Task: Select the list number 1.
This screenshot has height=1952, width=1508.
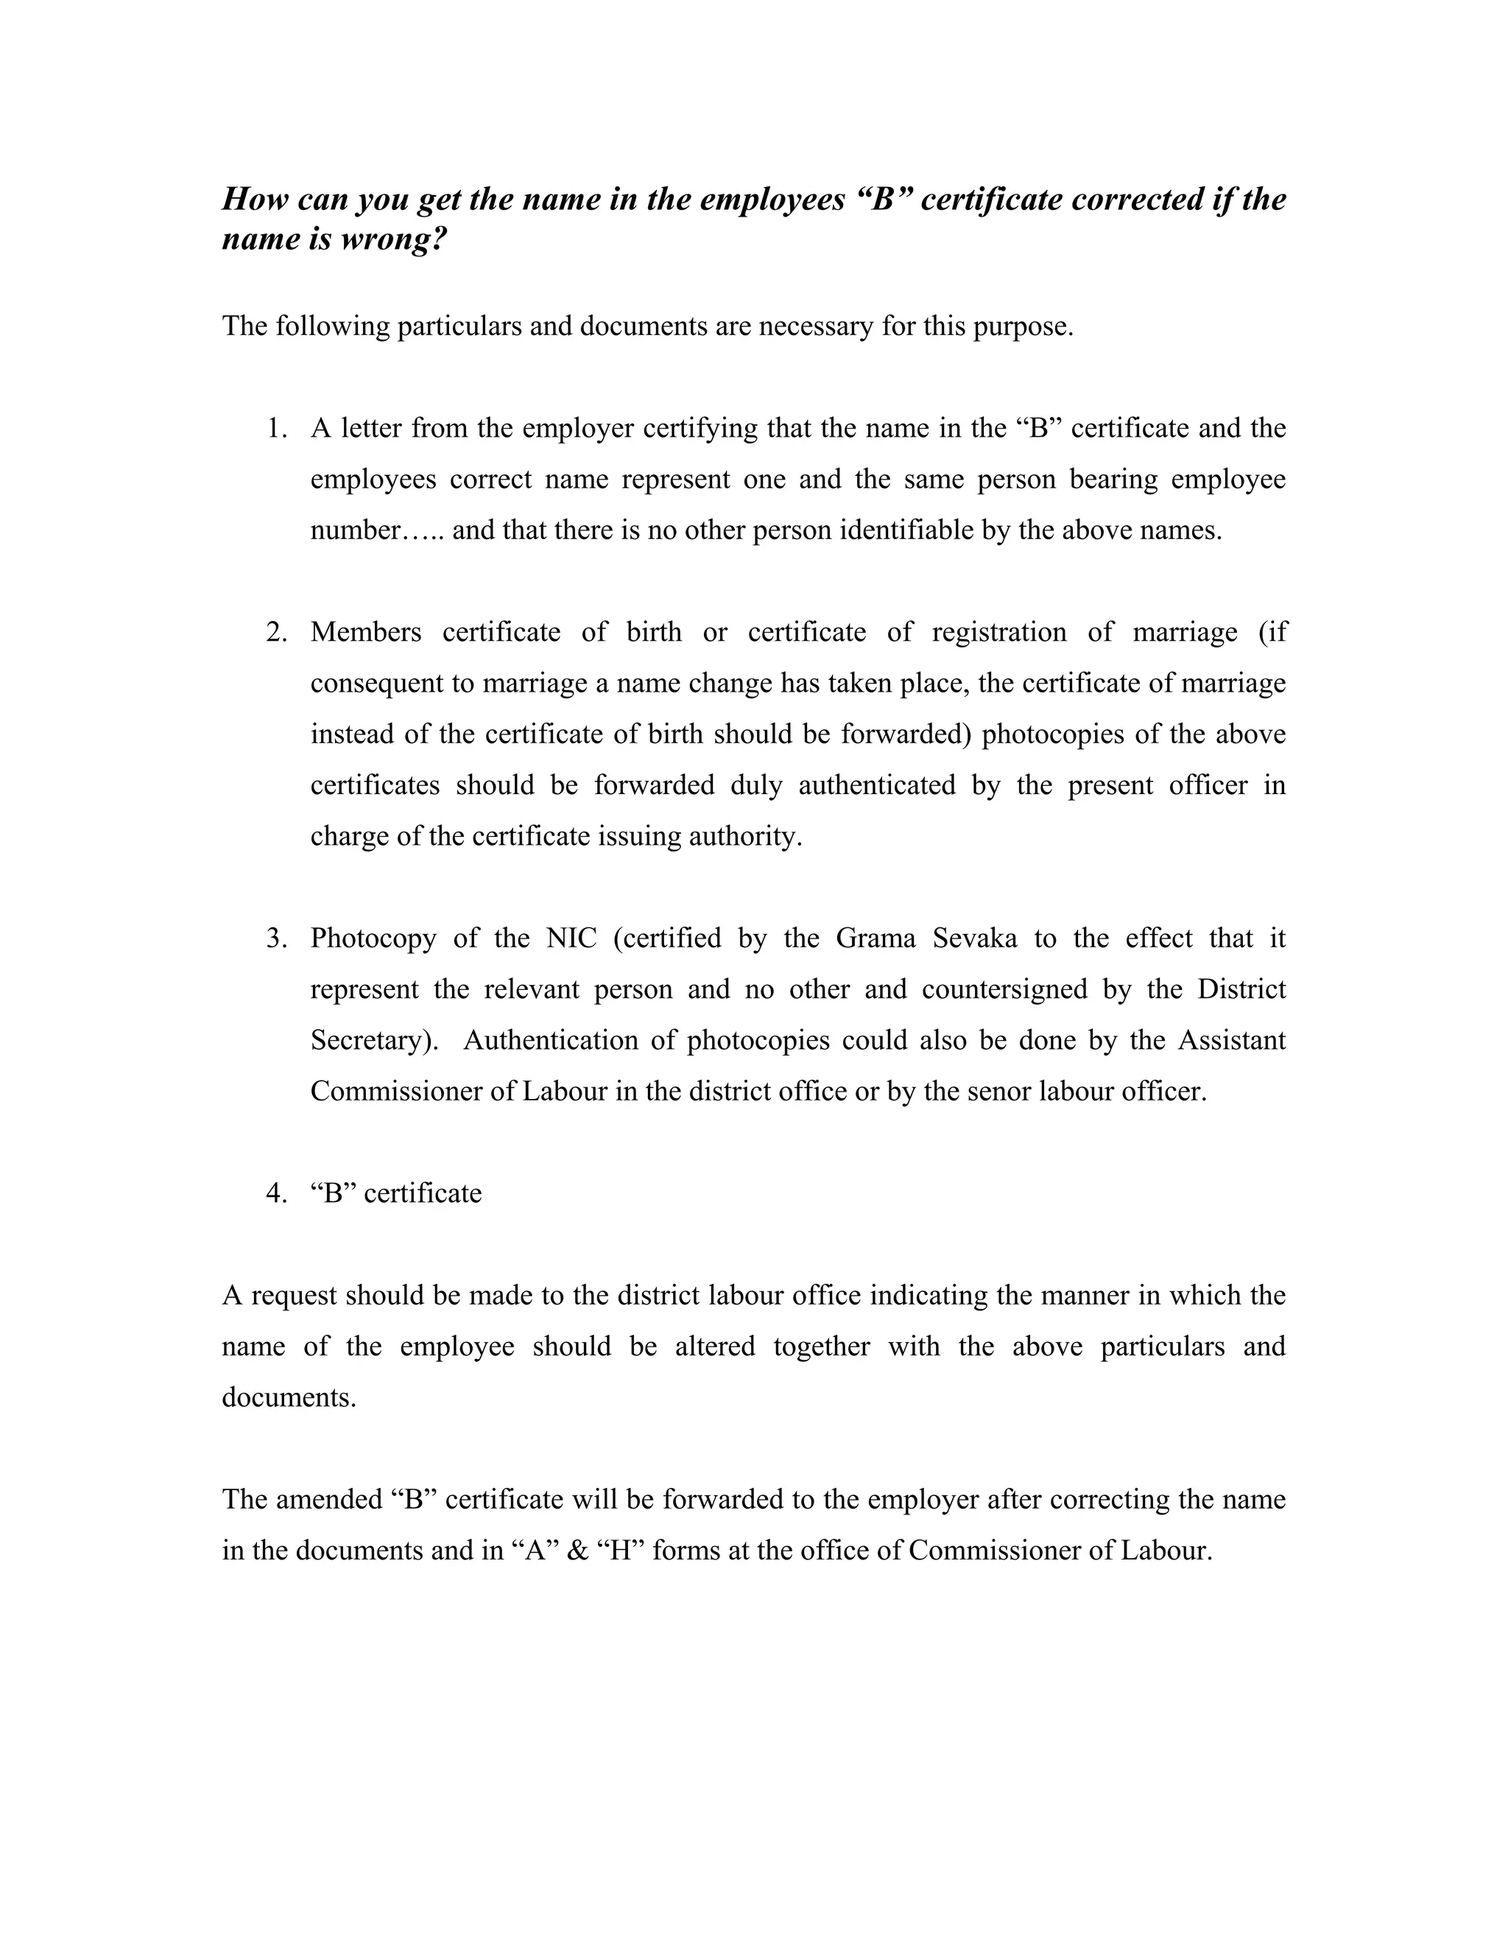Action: pos(277,429)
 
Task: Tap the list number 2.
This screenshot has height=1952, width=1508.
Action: pos(277,633)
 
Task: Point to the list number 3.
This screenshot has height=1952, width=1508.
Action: pos(277,938)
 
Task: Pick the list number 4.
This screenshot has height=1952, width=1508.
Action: pos(277,1193)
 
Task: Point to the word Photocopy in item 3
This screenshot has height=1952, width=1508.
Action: pos(373,938)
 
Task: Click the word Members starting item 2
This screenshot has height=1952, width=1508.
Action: pos(365,633)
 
